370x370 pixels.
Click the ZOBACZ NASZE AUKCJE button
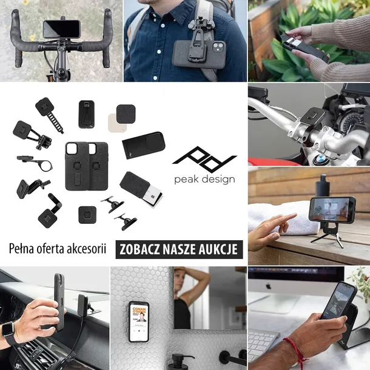tap(180, 249)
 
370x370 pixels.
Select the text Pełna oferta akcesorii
tap(58, 249)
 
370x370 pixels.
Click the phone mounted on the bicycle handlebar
tap(61, 29)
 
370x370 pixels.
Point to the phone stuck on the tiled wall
tap(139, 321)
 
